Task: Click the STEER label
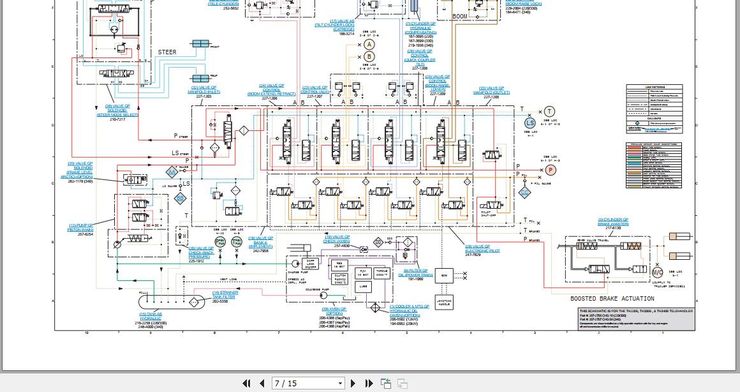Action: [167, 52]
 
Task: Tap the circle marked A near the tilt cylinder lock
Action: [369, 44]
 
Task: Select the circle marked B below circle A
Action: [369, 57]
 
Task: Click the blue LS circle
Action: [530, 123]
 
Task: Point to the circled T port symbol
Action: [549, 112]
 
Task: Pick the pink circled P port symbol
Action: [551, 170]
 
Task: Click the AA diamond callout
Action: [172, 172]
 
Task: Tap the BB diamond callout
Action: [181, 199]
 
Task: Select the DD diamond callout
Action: [378, 242]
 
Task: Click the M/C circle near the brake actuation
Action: [658, 273]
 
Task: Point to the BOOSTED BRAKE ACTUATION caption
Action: [612, 299]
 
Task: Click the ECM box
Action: [444, 275]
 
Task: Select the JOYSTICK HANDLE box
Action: [444, 303]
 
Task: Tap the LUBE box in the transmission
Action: [362, 287]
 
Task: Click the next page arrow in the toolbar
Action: [353, 383]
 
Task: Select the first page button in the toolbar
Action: [246, 383]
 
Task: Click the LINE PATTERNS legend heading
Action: [654, 87]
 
